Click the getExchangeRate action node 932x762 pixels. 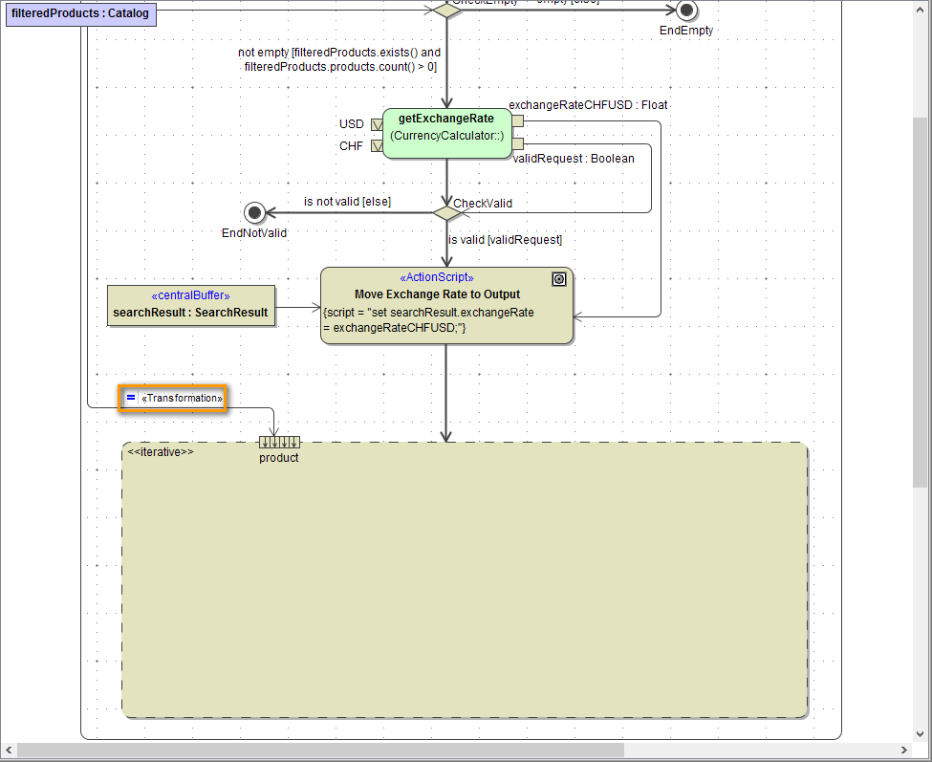pyautogui.click(x=446, y=133)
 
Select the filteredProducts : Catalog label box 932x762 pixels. pyautogui.click(x=80, y=14)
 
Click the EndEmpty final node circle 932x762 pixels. pyautogui.click(x=686, y=11)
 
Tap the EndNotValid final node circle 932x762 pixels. pyautogui.click(x=253, y=212)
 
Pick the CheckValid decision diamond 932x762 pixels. pyautogui.click(x=446, y=212)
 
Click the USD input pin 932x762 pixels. pyautogui.click(x=377, y=124)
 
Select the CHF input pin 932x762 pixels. pyautogui.click(x=377, y=146)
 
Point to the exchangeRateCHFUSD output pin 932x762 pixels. pyautogui.click(x=517, y=121)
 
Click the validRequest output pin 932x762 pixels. pyautogui.click(x=517, y=143)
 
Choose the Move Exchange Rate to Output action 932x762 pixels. pyautogui.click(x=446, y=305)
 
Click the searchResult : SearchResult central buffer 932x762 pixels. pyautogui.click(x=190, y=305)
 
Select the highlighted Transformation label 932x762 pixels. pyautogui.click(x=173, y=398)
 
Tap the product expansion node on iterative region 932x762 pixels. pyautogui.click(x=279, y=442)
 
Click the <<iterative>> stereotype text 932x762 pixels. pyautogui.click(x=161, y=451)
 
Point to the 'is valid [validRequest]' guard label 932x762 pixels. pyautogui.click(x=505, y=240)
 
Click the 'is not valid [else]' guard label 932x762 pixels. pyautogui.click(x=347, y=202)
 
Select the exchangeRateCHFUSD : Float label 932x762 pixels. pyautogui.click(x=588, y=105)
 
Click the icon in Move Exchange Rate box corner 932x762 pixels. pyautogui.click(x=559, y=279)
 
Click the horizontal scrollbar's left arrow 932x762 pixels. pyautogui.click(x=9, y=751)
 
